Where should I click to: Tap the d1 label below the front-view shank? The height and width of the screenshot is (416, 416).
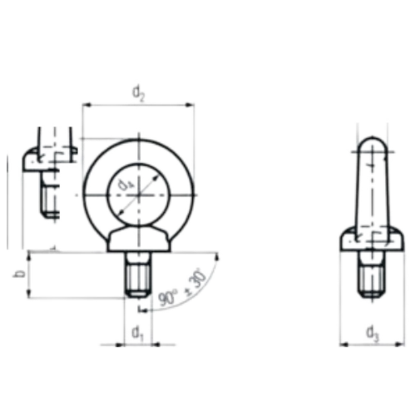[x=138, y=332]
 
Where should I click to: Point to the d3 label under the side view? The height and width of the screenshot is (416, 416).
[x=371, y=332]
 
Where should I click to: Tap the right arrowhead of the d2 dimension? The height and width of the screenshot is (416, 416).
[x=194, y=105]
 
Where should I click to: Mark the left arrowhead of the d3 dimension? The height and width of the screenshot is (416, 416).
[x=344, y=343]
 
